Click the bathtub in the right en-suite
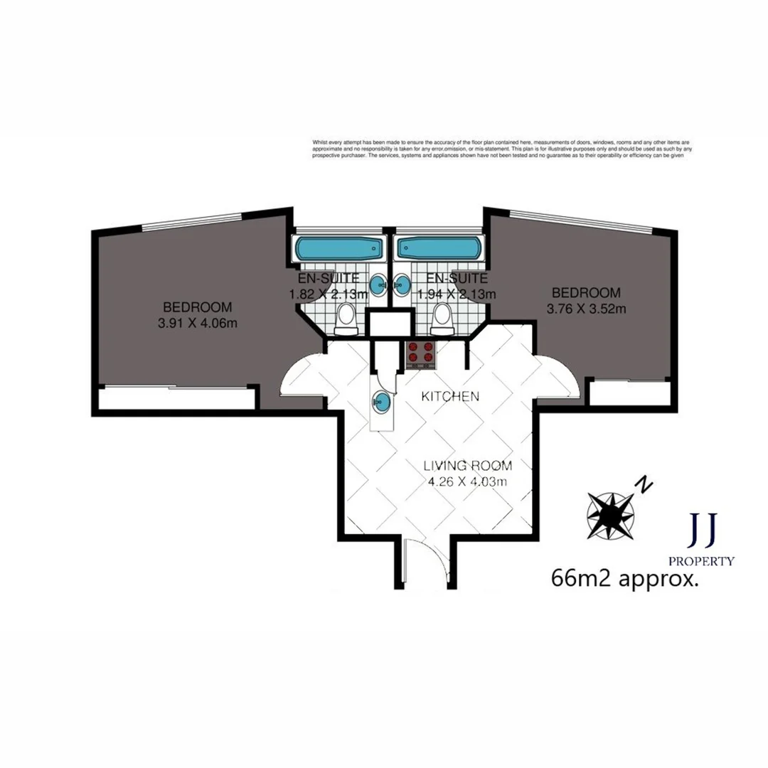[x=437, y=248]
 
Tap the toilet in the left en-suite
[x=346, y=318]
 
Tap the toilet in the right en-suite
[x=442, y=318]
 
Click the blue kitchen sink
[x=382, y=402]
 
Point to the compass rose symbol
[x=610, y=514]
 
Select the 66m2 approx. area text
[x=624, y=578]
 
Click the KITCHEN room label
[x=450, y=396]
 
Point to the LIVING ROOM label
[x=467, y=466]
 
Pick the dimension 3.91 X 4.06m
[x=197, y=323]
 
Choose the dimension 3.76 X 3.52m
[x=586, y=309]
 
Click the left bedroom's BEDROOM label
[x=197, y=307]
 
